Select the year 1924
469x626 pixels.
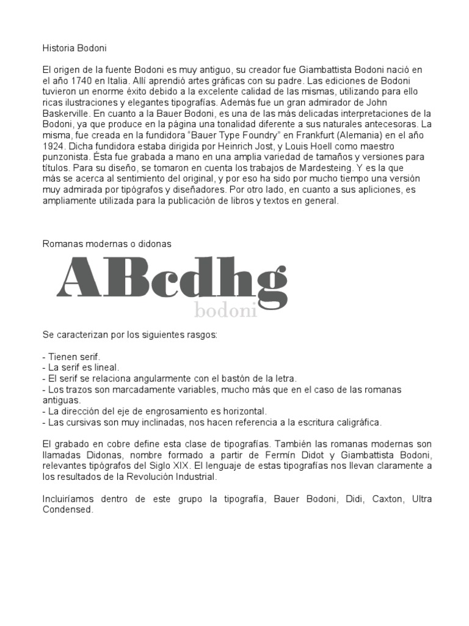click(x=54, y=147)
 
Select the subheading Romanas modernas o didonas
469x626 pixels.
click(x=107, y=243)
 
